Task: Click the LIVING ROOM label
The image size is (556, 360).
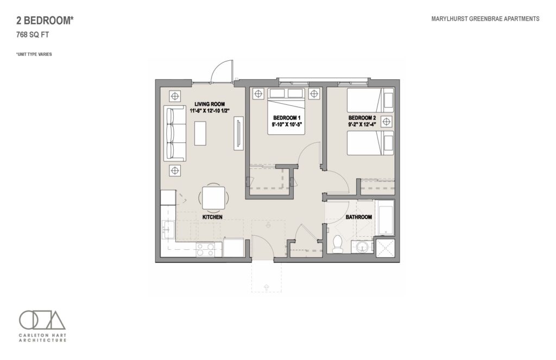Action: tap(210, 104)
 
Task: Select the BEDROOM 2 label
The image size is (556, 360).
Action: tap(362, 118)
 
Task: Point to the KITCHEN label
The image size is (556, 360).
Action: tap(212, 217)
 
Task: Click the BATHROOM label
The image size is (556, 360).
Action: tap(359, 217)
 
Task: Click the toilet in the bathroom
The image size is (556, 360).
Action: tap(337, 244)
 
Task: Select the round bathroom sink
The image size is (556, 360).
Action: tap(362, 247)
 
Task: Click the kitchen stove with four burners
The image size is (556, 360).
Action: tap(205, 249)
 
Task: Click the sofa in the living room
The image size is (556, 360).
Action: tap(175, 133)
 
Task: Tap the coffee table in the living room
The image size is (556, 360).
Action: tap(200, 133)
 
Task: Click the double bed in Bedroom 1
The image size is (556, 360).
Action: tap(286, 111)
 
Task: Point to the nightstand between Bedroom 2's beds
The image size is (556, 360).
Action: tap(387, 122)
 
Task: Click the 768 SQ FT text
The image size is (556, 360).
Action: tap(33, 35)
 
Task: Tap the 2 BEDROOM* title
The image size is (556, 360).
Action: tap(45, 21)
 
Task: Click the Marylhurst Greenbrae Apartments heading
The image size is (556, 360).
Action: tap(485, 19)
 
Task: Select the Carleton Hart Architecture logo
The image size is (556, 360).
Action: tap(42, 326)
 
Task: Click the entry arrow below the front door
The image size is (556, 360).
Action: tap(266, 287)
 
